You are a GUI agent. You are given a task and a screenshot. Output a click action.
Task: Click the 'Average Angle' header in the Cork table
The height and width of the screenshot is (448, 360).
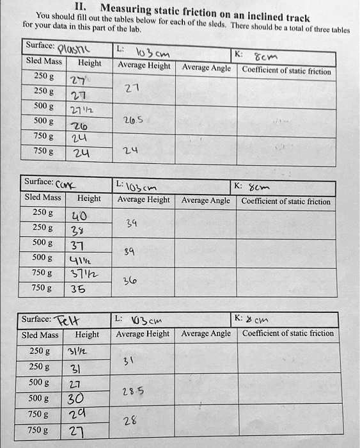tap(206, 200)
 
